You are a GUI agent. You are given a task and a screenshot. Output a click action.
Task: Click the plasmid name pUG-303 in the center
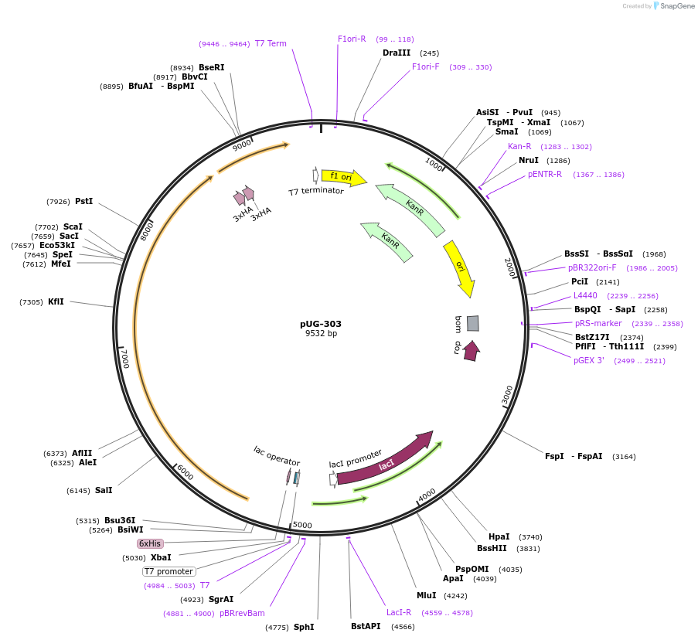pyautogui.click(x=321, y=324)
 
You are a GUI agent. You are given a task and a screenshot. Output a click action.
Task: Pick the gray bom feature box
pyautogui.click(x=472, y=323)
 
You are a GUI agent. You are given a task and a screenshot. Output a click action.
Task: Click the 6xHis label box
pyautogui.click(x=150, y=543)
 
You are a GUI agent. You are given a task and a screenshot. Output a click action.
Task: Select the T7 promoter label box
pyautogui.click(x=169, y=571)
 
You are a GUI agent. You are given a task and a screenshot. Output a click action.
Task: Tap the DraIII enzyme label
pyautogui.click(x=397, y=53)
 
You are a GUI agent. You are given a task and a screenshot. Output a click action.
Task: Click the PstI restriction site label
pyautogui.click(x=83, y=202)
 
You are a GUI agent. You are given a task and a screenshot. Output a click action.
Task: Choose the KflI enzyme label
pyautogui.click(x=56, y=301)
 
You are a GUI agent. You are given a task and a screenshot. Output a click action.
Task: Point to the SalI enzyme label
pyautogui.click(x=104, y=490)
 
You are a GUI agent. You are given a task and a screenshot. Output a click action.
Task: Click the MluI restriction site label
pyautogui.click(x=426, y=595)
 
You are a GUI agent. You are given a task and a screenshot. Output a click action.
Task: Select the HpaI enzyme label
pyautogui.click(x=499, y=536)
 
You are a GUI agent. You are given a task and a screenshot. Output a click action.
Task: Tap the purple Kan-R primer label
pyautogui.click(x=519, y=146)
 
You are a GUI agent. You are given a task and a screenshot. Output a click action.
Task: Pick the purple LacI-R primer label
pyautogui.click(x=399, y=612)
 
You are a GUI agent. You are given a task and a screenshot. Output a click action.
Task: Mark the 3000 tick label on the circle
pyautogui.click(x=507, y=394)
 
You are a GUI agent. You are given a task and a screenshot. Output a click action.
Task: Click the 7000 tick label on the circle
pyautogui.click(x=124, y=357)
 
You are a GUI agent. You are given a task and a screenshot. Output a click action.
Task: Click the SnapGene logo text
pyautogui.click(x=676, y=6)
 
